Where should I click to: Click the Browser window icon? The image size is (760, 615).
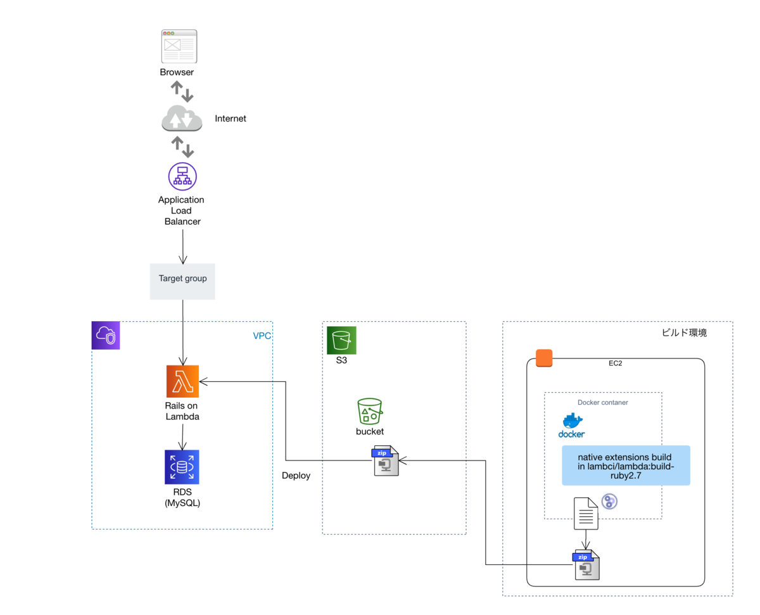(x=179, y=46)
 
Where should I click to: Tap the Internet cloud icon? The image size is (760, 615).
(x=182, y=118)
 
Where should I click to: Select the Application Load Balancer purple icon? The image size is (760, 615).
(x=182, y=176)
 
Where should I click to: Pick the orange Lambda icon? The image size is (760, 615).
(x=182, y=381)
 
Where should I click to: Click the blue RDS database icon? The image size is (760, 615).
(x=182, y=467)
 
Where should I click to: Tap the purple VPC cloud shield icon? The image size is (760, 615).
(x=106, y=335)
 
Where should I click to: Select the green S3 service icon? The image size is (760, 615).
(x=341, y=340)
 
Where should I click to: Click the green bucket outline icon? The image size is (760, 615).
(x=370, y=411)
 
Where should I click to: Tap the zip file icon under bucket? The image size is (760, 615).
(x=386, y=460)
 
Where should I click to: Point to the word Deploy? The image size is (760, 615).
(x=296, y=475)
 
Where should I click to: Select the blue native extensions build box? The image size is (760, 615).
(x=626, y=466)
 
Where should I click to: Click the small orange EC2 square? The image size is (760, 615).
(x=544, y=358)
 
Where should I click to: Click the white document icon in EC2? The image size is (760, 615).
(x=586, y=512)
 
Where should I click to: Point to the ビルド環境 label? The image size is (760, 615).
(x=684, y=333)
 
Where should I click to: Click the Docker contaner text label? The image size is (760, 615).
(x=602, y=402)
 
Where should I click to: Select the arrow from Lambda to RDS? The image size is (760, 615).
(x=182, y=436)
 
